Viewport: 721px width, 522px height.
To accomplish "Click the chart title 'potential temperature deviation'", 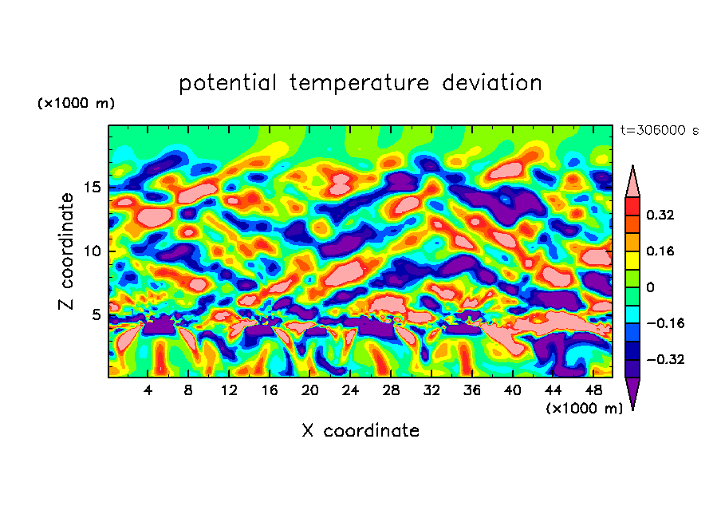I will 360,83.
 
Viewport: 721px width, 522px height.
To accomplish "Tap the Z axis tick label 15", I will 91,188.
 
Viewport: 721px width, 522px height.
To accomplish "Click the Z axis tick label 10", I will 91,251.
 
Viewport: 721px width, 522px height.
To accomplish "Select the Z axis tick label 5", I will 96,315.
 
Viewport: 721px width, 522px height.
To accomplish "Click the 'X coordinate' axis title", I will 360,431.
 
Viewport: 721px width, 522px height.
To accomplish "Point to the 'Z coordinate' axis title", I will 66,251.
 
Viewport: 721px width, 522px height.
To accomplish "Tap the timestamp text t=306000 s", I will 659,131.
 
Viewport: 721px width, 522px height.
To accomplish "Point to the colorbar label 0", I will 650,287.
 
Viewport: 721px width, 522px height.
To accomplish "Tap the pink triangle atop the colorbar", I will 632,183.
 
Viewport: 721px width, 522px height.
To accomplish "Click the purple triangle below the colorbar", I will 632,393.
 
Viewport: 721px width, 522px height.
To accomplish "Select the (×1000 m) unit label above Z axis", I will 77,104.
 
